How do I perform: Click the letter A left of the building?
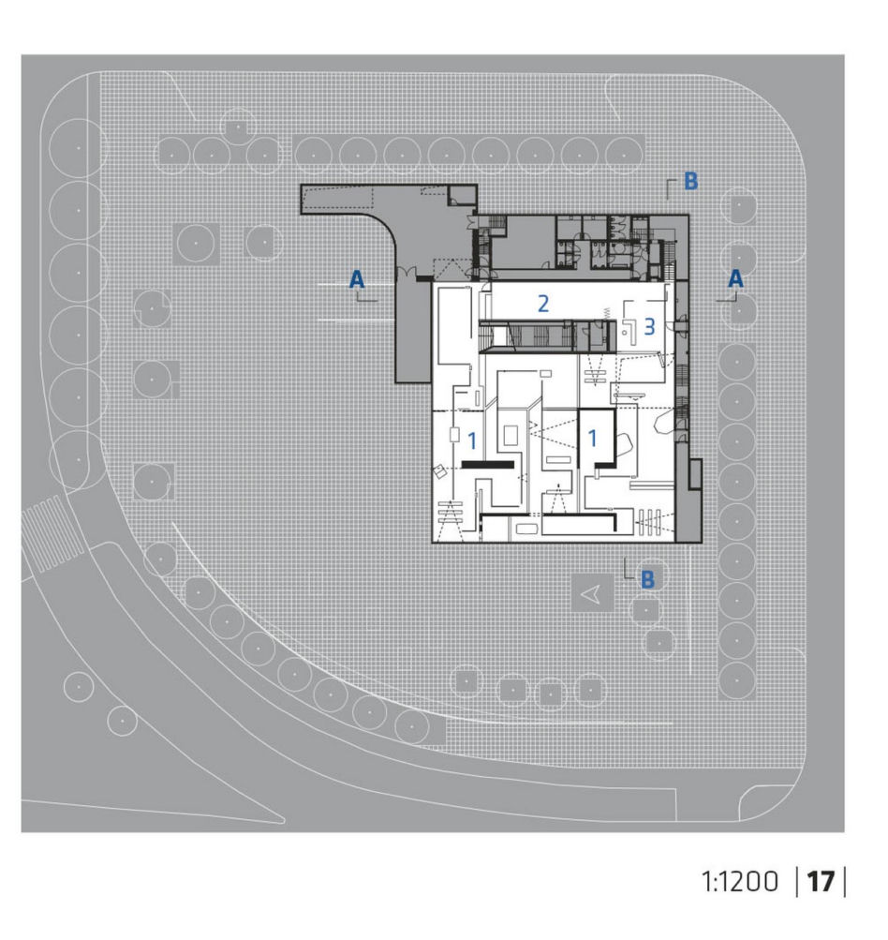(357, 279)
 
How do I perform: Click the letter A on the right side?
(735, 278)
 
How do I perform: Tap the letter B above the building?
(691, 181)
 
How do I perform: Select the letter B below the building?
(647, 579)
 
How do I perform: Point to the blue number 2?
(543, 304)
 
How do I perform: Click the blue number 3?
(649, 327)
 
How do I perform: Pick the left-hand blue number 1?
(472, 441)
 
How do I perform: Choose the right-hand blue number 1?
(593, 439)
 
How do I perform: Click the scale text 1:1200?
(740, 882)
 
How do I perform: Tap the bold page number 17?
(821, 882)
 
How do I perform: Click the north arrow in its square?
(591, 593)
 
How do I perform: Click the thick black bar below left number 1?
(488, 465)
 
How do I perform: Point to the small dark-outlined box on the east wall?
(695, 473)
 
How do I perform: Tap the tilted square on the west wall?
(440, 471)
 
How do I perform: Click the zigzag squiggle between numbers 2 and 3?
(606, 312)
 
